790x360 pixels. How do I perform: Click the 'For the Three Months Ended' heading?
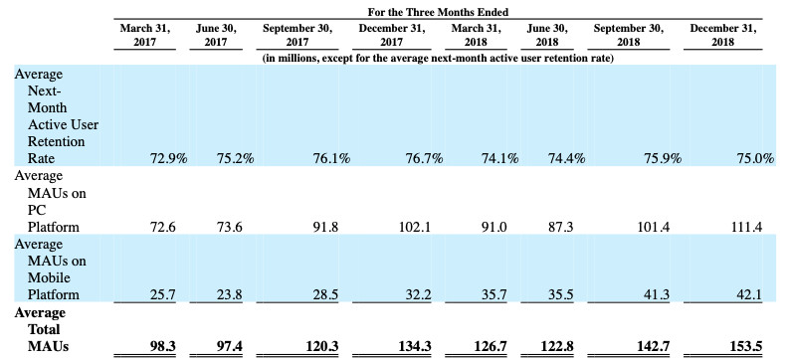pos(438,12)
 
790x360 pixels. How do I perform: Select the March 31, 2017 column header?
pos(144,35)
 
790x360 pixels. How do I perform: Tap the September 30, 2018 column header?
pos(628,35)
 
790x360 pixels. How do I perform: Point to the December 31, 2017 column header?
pos(391,35)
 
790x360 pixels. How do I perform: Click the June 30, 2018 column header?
pos(546,35)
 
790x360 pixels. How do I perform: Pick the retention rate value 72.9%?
pos(169,158)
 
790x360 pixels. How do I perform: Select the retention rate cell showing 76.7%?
pos(424,158)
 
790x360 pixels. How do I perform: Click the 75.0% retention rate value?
pos(755,158)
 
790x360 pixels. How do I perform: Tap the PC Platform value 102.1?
pos(415,227)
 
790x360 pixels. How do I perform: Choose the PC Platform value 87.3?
pos(560,227)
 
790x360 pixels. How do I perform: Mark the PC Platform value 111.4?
pos(746,227)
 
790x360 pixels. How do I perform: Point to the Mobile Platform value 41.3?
pos(657,294)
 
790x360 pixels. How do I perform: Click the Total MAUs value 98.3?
pos(162,347)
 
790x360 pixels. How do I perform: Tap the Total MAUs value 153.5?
pos(745,347)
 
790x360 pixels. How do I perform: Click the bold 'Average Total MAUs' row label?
pos(42,330)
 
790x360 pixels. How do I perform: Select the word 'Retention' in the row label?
pos(56,141)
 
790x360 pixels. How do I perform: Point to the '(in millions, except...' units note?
pos(438,59)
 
